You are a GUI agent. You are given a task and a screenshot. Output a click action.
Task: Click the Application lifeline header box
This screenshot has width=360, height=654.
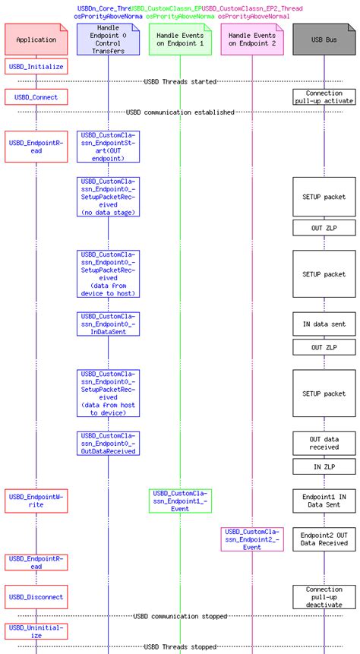point(35,39)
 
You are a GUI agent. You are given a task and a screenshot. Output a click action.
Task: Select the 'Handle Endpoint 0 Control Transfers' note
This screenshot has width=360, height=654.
point(108,39)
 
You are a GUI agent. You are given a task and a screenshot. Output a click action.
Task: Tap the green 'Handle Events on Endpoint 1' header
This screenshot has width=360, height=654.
point(180,39)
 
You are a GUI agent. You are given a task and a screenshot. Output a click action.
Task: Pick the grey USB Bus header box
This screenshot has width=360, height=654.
point(324,39)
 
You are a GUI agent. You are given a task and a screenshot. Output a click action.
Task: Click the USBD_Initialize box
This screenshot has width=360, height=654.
point(35,67)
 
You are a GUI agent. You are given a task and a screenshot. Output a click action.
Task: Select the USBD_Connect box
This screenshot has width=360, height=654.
point(35,97)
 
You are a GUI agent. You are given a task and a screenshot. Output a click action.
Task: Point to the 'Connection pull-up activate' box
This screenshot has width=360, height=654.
point(324,97)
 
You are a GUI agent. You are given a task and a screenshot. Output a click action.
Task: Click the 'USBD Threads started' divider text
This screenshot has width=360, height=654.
point(180,81)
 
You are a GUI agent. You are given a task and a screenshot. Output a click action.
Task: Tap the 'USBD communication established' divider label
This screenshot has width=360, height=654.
point(180,112)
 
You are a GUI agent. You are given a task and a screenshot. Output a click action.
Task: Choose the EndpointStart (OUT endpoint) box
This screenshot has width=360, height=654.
point(108,147)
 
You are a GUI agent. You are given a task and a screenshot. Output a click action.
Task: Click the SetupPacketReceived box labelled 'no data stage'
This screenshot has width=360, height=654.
point(108,197)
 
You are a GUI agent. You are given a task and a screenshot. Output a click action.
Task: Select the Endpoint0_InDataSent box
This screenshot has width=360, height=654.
point(108,324)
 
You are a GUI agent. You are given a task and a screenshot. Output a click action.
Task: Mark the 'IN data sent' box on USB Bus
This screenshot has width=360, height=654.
point(324,324)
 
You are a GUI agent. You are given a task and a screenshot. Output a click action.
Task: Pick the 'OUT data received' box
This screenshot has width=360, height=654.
point(324,443)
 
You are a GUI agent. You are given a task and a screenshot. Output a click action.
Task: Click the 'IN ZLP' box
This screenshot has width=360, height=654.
point(324,467)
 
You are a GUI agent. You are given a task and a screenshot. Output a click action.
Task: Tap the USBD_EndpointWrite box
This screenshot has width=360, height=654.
point(35,501)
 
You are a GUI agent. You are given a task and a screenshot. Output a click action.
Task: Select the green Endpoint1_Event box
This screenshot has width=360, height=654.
point(180,501)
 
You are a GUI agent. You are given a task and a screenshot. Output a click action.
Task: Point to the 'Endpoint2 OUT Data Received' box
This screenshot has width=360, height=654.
point(324,539)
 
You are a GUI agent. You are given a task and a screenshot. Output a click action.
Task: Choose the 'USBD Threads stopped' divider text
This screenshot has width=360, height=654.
point(180,648)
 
